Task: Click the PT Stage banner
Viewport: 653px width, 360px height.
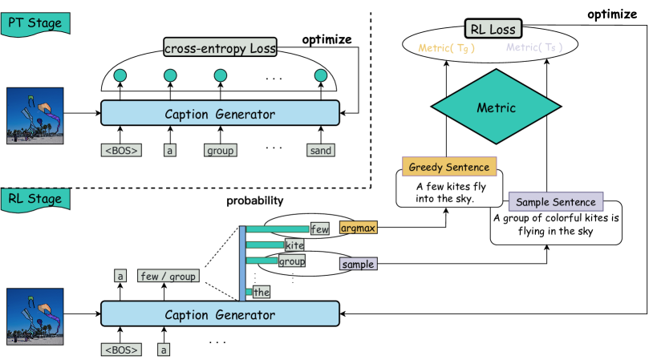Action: [34, 22]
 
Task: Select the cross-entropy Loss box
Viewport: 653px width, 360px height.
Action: [221, 48]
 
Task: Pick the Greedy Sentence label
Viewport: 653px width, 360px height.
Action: [448, 167]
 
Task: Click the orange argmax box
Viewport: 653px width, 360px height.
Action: [358, 229]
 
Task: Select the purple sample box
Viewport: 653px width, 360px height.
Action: [359, 264]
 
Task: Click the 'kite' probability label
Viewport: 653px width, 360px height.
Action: [294, 245]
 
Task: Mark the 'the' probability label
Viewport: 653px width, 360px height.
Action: [262, 292]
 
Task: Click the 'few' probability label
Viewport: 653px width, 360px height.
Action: [320, 229]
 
